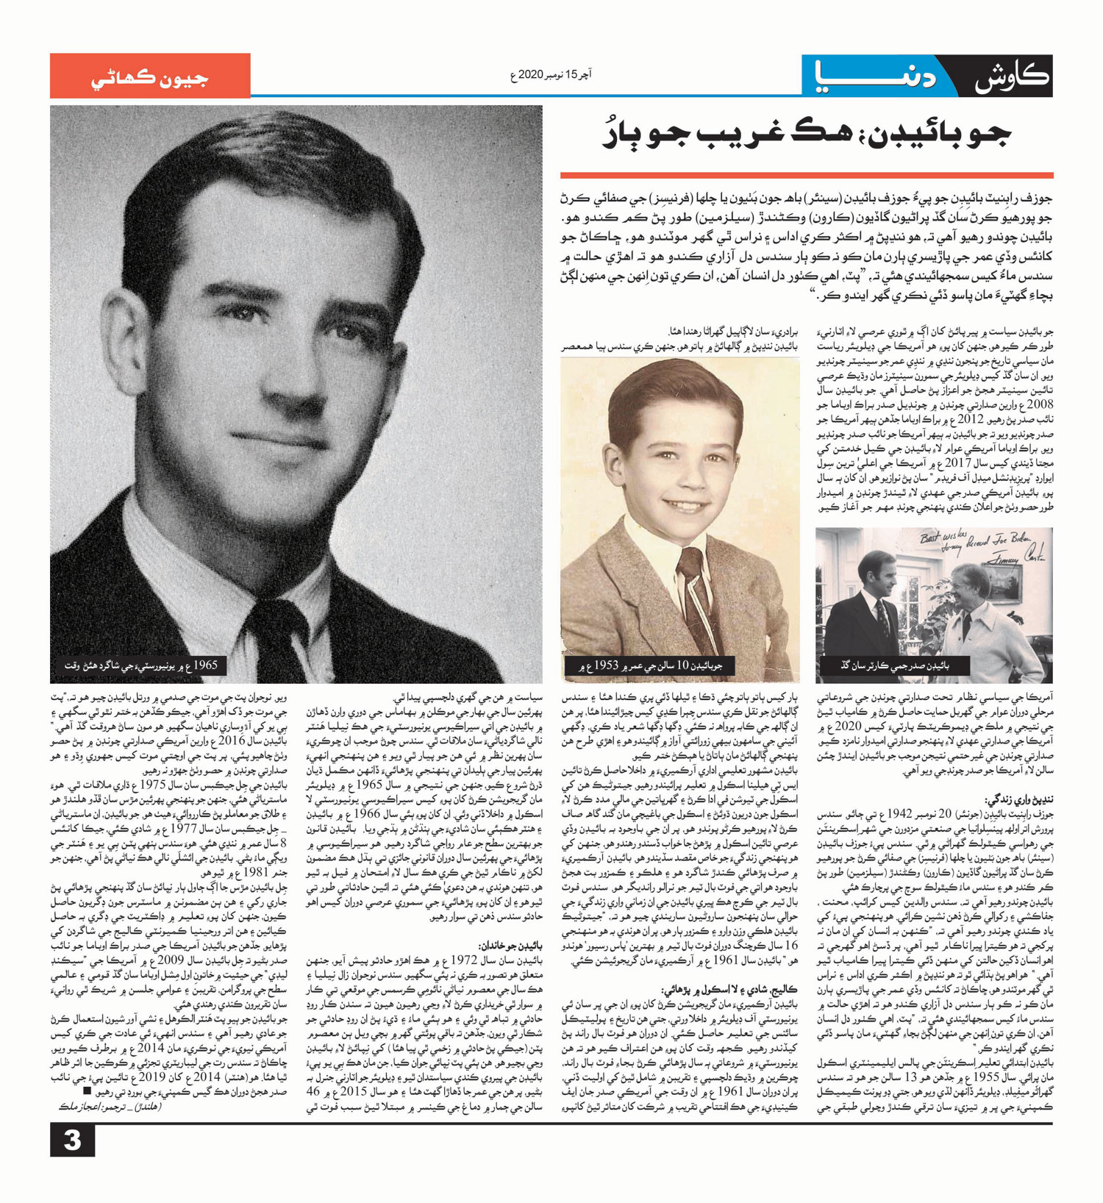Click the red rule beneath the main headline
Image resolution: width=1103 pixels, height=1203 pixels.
point(806,175)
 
